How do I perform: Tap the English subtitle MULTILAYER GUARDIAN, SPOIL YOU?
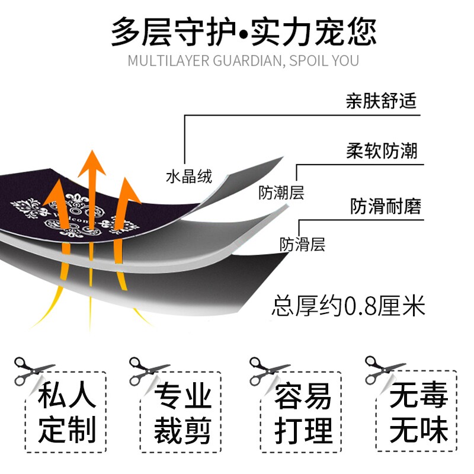[x=244, y=61]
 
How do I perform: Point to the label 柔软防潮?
[x=381, y=150]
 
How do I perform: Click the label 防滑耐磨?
[x=385, y=207]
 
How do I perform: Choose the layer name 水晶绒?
[x=188, y=176]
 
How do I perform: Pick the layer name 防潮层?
[x=280, y=193]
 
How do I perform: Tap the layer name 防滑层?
[x=302, y=244]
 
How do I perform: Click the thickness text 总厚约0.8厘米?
[x=348, y=307]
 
